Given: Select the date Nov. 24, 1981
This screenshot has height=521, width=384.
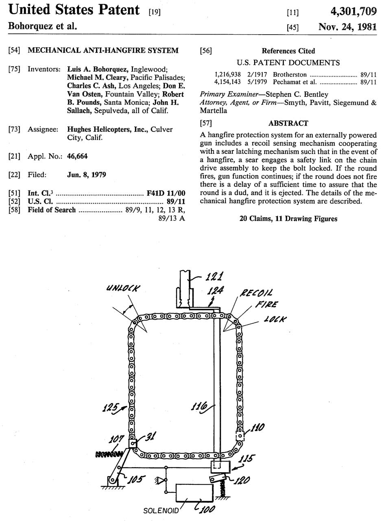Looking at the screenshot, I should [x=348, y=27].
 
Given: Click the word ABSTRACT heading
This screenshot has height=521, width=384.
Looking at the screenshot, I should [x=288, y=123].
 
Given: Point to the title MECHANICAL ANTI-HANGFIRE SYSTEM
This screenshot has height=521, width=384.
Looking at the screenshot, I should [x=103, y=50].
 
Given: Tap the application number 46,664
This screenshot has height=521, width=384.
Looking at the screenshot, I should [x=77, y=156].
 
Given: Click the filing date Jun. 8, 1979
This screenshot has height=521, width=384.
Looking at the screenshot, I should [x=86, y=175].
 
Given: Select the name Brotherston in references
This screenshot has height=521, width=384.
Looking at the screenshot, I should [x=290, y=74].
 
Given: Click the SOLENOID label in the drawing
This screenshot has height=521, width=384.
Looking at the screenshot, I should [x=161, y=510].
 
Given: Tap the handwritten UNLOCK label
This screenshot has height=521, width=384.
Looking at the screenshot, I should [x=123, y=289].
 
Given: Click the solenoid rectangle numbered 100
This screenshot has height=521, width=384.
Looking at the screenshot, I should [x=193, y=493].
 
